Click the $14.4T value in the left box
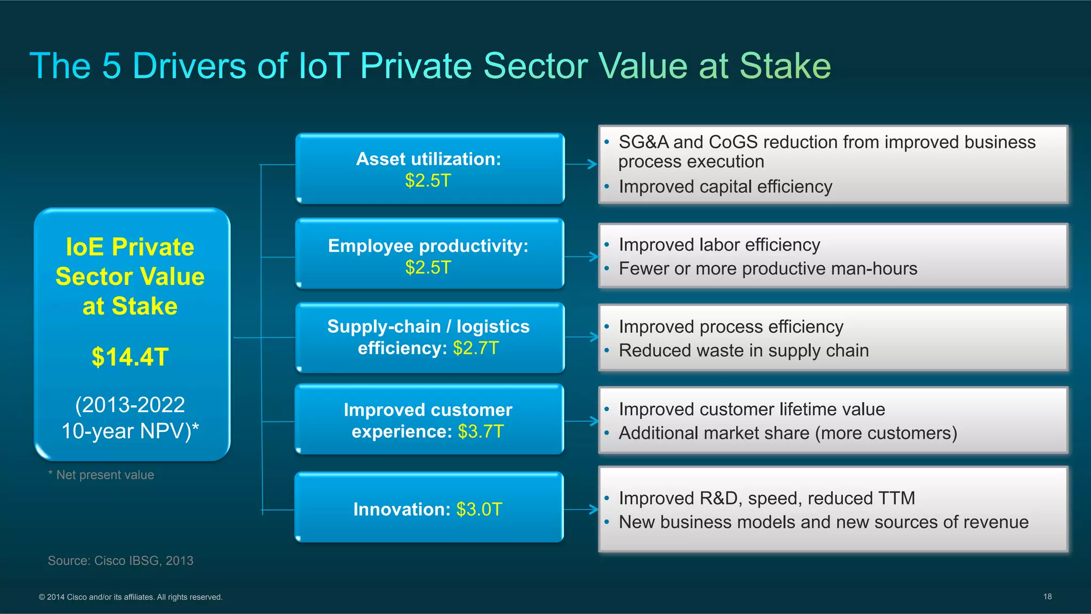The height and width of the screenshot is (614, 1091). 130,357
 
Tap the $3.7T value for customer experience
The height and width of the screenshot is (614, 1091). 481,431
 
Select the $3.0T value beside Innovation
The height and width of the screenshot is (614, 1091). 479,510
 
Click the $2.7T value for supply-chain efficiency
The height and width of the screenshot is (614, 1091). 476,348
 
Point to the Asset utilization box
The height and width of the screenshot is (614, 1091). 429,168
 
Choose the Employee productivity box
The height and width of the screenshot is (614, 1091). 429,254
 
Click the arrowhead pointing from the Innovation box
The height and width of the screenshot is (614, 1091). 593,510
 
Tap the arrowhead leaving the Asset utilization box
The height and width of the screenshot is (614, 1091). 592,165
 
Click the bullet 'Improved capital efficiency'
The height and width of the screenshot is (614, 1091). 725,187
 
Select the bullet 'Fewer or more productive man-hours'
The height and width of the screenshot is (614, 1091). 768,269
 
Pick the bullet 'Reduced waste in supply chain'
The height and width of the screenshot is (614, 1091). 744,351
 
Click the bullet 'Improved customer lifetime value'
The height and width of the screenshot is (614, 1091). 752,410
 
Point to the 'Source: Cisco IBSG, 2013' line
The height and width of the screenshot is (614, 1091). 120,561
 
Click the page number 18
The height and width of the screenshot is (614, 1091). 1047,596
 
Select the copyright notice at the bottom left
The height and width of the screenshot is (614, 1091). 131,597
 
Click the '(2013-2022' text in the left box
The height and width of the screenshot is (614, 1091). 130,405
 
